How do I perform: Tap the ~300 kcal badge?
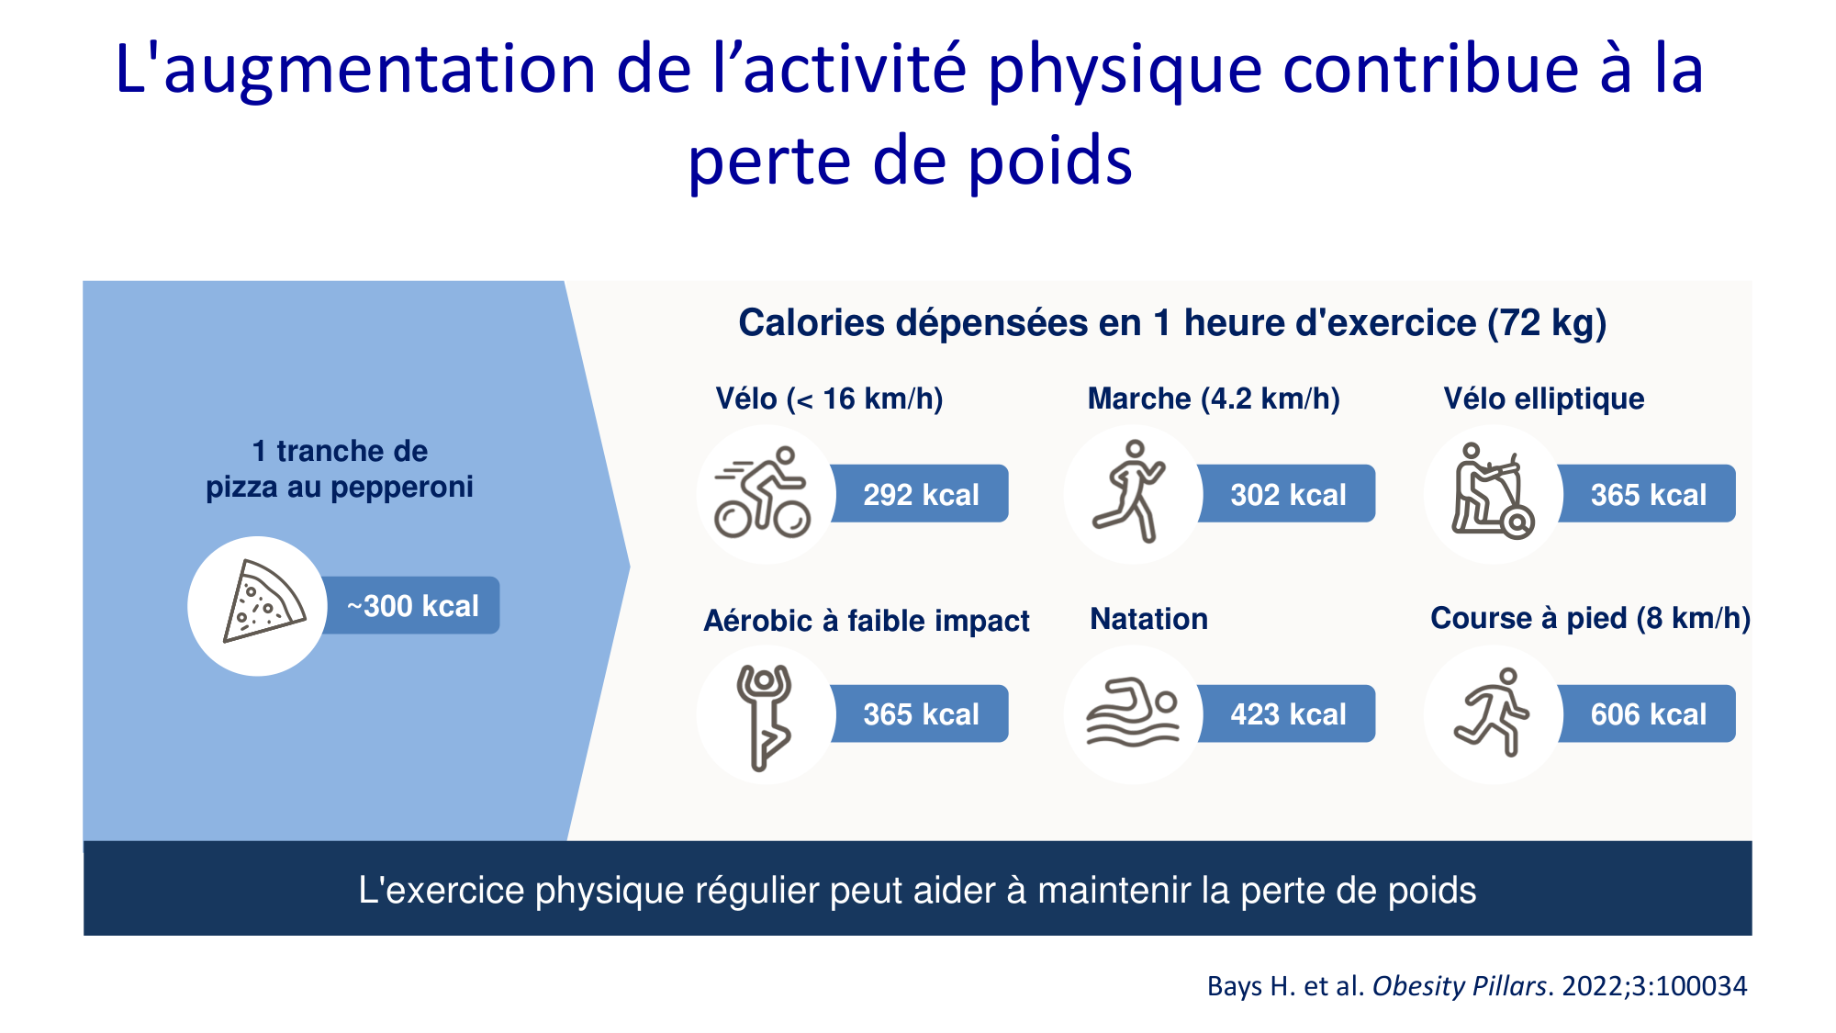413,606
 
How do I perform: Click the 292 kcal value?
921,495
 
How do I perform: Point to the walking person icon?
1131,492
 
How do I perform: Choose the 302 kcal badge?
1288,495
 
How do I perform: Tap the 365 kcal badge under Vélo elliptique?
1648,495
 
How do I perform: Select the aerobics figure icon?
764,715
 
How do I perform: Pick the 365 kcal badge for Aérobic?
921,714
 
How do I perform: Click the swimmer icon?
1132,713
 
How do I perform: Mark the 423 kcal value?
1288,714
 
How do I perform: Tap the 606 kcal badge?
1648,714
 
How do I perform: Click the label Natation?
1148,619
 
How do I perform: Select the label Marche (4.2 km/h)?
1214,399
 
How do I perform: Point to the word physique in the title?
1125,72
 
